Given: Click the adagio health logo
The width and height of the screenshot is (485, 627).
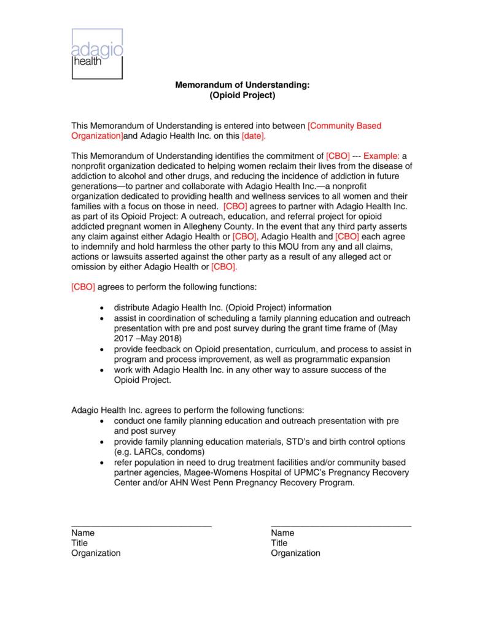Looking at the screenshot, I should pyautogui.click(x=97, y=53).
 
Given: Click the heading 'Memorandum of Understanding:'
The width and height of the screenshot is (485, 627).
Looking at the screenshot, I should pyautogui.click(x=243, y=85).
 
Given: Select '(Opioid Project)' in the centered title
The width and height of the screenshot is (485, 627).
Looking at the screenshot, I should pyautogui.click(x=243, y=96).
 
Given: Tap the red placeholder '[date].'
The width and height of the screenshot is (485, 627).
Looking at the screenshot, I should pyautogui.click(x=255, y=136).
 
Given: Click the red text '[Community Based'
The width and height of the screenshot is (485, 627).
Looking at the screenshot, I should pyautogui.click(x=344, y=126).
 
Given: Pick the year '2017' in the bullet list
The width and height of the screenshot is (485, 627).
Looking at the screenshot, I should pyautogui.click(x=123, y=337).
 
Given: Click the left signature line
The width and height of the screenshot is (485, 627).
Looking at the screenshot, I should pyautogui.click(x=141, y=526).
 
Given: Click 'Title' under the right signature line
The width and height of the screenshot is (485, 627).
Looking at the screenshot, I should pyautogui.click(x=279, y=543).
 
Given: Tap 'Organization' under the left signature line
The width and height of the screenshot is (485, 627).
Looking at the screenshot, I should pyautogui.click(x=96, y=553).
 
